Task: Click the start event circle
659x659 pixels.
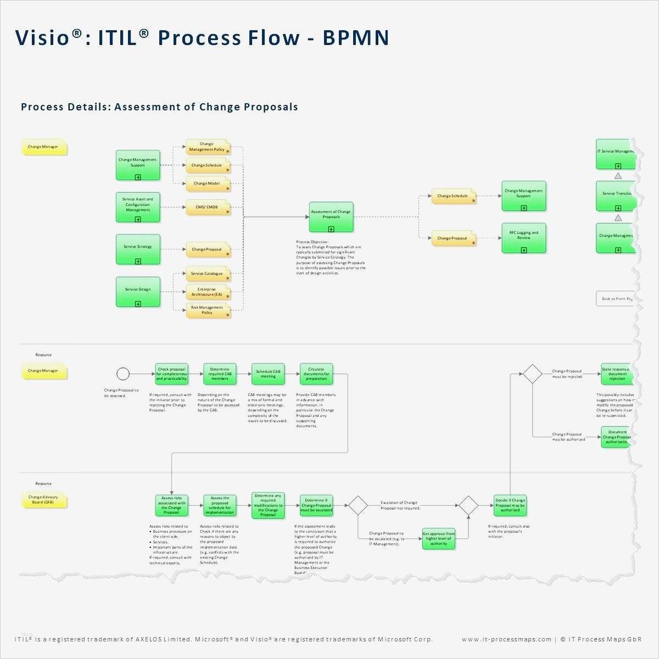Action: [123, 374]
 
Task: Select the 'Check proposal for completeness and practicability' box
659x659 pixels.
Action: [171, 374]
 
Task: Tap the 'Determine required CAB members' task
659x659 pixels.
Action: [220, 374]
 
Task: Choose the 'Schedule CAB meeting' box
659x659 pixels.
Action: [268, 374]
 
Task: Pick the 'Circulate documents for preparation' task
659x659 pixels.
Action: [316, 374]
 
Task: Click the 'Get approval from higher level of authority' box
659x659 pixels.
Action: [438, 539]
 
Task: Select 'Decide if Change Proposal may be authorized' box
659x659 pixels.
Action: [510, 505]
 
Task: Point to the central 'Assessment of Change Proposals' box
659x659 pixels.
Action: [331, 216]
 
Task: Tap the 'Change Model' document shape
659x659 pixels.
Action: [207, 183]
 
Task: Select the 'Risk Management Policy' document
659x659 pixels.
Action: [207, 310]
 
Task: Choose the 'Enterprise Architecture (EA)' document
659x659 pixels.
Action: [207, 292]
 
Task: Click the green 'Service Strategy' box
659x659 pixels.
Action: [138, 249]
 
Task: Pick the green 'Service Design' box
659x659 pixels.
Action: [138, 292]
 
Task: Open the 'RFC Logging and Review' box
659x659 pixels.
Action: [524, 238]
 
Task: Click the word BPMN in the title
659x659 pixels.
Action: [356, 38]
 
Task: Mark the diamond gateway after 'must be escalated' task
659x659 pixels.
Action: [358, 505]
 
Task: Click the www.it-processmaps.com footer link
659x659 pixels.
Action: [506, 639]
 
